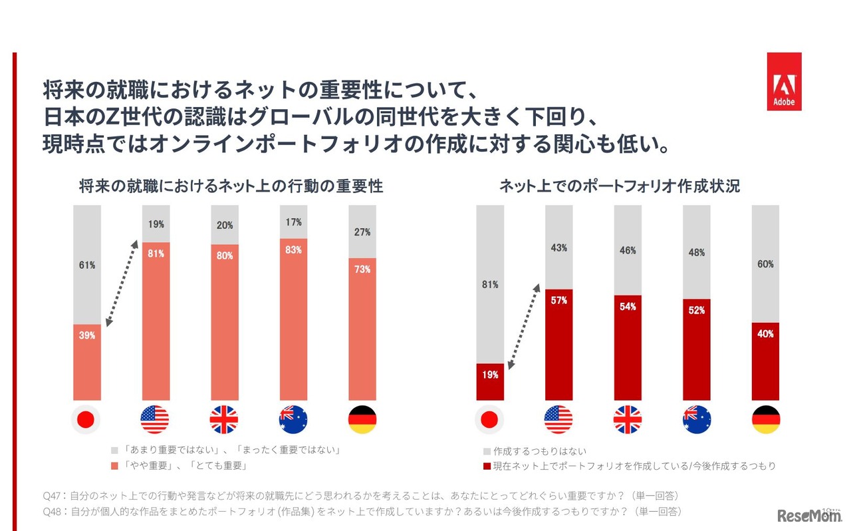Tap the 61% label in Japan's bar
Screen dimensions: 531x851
pyautogui.click(x=87, y=265)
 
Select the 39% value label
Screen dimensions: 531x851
pyautogui.click(x=87, y=335)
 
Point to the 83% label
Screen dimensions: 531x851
pyautogui.click(x=293, y=250)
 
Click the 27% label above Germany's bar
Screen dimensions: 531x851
pyautogui.click(x=362, y=232)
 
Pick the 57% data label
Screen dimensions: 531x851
pyautogui.click(x=559, y=301)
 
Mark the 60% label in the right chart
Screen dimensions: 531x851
pyautogui.click(x=765, y=264)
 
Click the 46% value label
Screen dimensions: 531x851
pyautogui.click(x=628, y=250)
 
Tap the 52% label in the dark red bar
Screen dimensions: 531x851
pyautogui.click(x=697, y=310)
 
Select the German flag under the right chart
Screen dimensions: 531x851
pyautogui.click(x=766, y=419)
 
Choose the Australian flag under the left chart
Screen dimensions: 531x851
pyautogui.click(x=293, y=419)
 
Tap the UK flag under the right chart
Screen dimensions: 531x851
pyautogui.click(x=628, y=419)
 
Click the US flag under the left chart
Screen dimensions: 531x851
pyautogui.click(x=155, y=419)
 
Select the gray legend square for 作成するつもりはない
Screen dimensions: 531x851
pyautogui.click(x=487, y=451)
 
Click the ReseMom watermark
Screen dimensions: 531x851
pyautogui.click(x=808, y=516)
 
